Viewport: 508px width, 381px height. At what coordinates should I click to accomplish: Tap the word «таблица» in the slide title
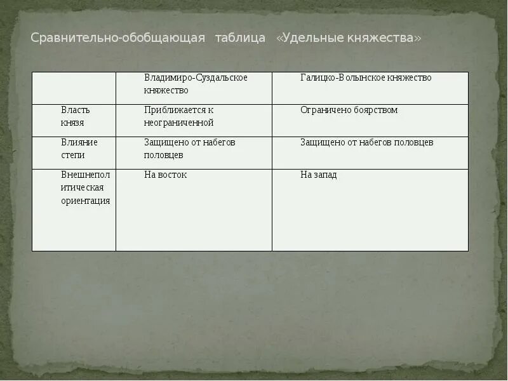[x=240, y=38]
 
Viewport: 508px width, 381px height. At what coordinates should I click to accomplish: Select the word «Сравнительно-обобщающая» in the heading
[x=118, y=38]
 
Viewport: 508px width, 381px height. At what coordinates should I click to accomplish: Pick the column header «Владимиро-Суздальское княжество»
[x=196, y=84]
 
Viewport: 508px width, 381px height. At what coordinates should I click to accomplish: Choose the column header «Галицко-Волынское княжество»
[x=366, y=78]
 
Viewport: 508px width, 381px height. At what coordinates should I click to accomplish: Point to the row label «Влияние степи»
[x=79, y=149]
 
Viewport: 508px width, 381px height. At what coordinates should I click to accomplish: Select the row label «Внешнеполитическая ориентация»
[x=86, y=187]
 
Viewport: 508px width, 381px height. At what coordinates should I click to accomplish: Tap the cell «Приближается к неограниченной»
[x=179, y=116]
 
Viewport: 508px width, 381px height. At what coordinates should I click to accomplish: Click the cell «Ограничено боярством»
[x=349, y=110]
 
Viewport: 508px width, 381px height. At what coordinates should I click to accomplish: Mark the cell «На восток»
[x=165, y=175]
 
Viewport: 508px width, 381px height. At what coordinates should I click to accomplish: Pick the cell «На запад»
[x=318, y=175]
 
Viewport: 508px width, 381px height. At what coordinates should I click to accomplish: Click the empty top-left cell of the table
[x=74, y=88]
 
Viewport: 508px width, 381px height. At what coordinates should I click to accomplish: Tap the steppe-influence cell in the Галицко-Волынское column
[x=366, y=142]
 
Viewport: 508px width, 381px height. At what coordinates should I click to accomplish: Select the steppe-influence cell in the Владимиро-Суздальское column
[x=189, y=149]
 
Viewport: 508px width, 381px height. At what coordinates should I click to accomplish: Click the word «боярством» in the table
[x=376, y=110]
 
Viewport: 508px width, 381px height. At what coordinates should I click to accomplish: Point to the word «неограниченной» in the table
[x=179, y=123]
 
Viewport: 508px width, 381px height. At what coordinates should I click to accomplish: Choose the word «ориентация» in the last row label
[x=86, y=201]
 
